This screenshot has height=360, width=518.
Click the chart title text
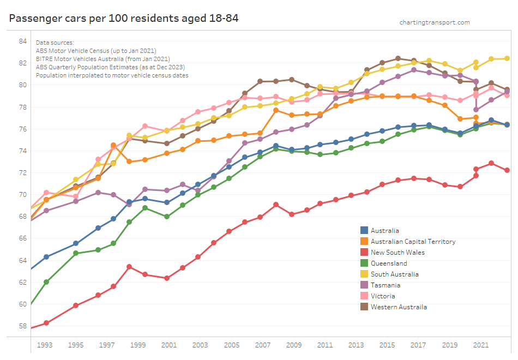[x=124, y=19]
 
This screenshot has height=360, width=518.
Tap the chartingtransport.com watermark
[x=434, y=22]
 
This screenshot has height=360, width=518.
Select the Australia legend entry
[x=384, y=231]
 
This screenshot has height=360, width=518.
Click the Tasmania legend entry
[x=385, y=285]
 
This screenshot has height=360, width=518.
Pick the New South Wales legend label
[x=397, y=253]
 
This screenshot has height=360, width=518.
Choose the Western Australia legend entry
[x=399, y=307]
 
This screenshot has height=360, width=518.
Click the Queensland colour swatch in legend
[x=364, y=263]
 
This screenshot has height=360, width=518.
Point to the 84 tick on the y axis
[x=22, y=41]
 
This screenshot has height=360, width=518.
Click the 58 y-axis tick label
[x=22, y=326]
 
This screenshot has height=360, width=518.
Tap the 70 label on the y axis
[x=22, y=194]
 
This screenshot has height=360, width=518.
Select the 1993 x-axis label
[x=45, y=345]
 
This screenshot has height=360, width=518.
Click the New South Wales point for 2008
[x=276, y=205]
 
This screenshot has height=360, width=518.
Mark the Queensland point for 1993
[x=46, y=282]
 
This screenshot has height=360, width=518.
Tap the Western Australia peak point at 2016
[x=398, y=58]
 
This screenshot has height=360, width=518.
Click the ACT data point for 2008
[x=276, y=110]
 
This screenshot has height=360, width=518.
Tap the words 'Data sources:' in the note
[x=55, y=43]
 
